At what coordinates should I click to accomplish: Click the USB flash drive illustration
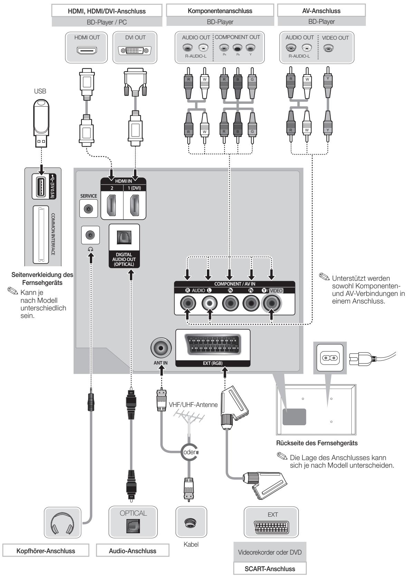pyautogui.click(x=41, y=123)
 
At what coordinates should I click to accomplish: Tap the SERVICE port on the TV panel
pyautogui.click(x=88, y=208)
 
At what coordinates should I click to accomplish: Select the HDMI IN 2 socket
pyautogui.click(x=112, y=205)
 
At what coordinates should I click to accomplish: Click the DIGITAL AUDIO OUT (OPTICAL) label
pyautogui.click(x=124, y=259)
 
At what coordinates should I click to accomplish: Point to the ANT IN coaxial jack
pyautogui.click(x=161, y=348)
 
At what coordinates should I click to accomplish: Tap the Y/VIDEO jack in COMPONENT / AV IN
pyautogui.click(x=272, y=303)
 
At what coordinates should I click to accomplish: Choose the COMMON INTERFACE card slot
pyautogui.click(x=41, y=235)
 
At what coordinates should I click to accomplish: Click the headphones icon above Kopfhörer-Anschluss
pyautogui.click(x=63, y=523)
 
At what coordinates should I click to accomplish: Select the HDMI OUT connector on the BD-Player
pyautogui.click(x=87, y=50)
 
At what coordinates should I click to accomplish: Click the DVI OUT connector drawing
pyautogui.click(x=134, y=50)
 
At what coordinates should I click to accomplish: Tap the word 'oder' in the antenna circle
pyautogui.click(x=189, y=452)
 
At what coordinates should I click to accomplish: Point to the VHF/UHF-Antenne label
pyautogui.click(x=193, y=405)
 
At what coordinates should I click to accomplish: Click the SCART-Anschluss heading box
pyautogui.click(x=270, y=569)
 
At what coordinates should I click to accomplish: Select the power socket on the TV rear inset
pyautogui.click(x=330, y=358)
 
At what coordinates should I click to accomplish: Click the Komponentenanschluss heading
pyautogui.click(x=220, y=11)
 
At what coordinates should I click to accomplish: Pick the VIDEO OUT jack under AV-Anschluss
pyautogui.click(x=328, y=48)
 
